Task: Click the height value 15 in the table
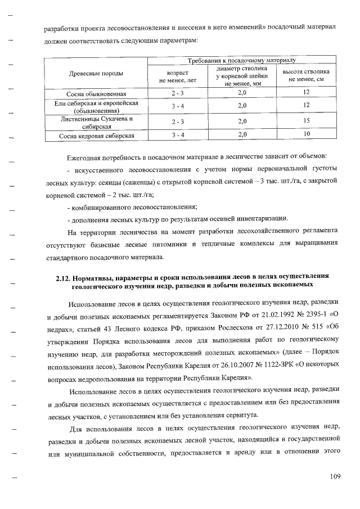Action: (307, 120)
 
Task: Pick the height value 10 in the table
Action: (307, 134)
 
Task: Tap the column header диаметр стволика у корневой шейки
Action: (242, 76)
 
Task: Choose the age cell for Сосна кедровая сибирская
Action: (178, 136)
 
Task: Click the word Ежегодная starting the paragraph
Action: (86, 156)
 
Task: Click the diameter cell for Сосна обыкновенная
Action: (242, 93)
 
